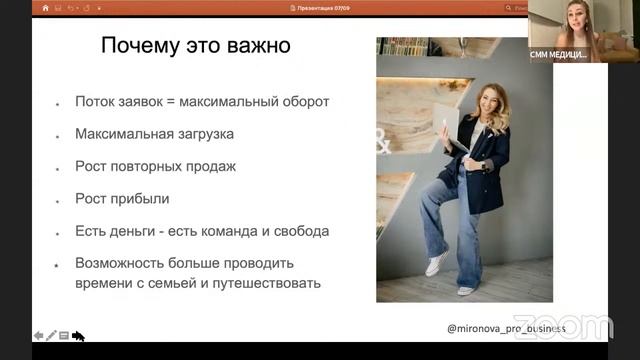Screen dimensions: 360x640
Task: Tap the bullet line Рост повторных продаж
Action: [x=155, y=166]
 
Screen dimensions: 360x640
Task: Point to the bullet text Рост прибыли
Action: [x=122, y=198]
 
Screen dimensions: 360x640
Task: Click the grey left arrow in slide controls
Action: [x=38, y=336]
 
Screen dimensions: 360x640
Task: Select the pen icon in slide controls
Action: [x=51, y=336]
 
